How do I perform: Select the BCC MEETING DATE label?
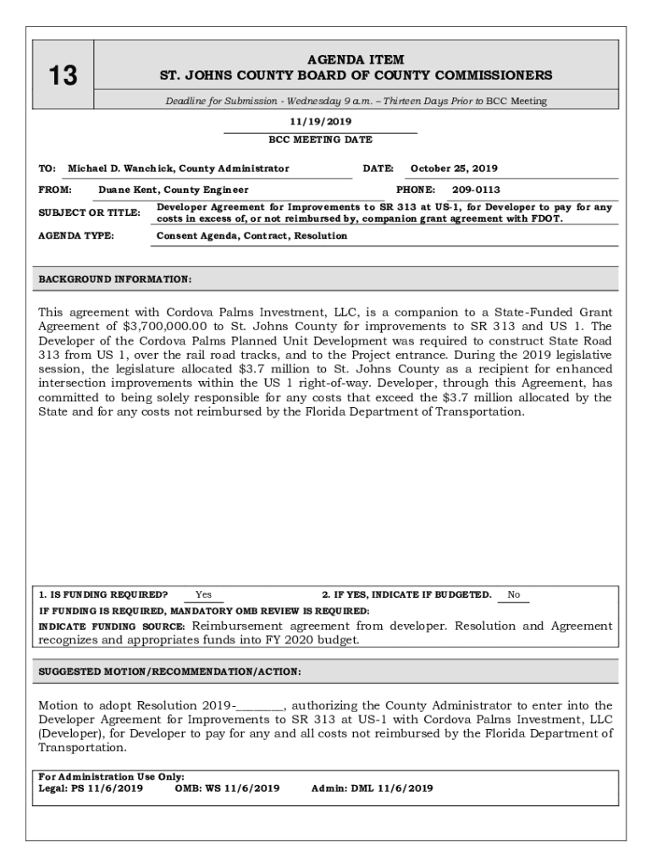click(320, 140)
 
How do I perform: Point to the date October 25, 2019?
click(454, 168)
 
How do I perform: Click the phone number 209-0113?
click(476, 190)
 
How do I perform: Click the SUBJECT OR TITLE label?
click(89, 213)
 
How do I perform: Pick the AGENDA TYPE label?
click(76, 235)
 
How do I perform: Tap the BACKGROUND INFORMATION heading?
click(115, 279)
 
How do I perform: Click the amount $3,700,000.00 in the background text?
click(168, 326)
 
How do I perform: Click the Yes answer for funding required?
click(203, 595)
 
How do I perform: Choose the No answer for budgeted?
click(513, 595)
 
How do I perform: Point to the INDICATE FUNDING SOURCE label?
click(112, 627)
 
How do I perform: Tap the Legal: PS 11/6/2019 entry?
click(91, 788)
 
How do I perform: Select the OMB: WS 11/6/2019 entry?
click(227, 788)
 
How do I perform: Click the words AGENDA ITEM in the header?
click(355, 60)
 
